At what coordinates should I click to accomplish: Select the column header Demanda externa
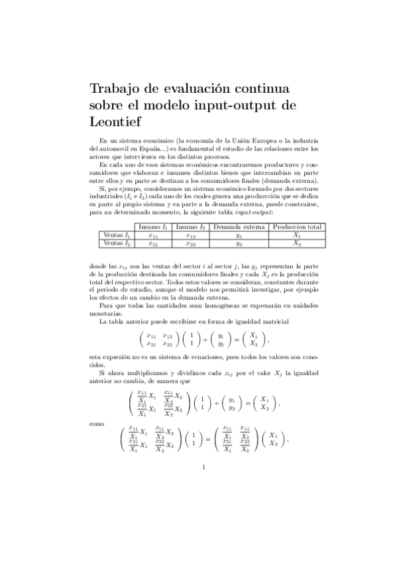coord(239,227)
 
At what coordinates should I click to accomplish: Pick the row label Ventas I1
coord(118,235)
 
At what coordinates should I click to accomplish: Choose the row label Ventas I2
coord(118,243)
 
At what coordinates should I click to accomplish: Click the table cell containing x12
coord(191,235)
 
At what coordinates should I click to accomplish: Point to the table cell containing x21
coord(153,244)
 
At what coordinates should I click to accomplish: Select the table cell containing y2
coord(239,244)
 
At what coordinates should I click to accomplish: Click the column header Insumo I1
coord(153,227)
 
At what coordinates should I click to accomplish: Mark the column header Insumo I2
coord(191,227)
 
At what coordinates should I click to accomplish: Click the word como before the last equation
coord(96,421)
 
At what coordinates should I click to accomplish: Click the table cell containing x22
coord(191,244)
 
